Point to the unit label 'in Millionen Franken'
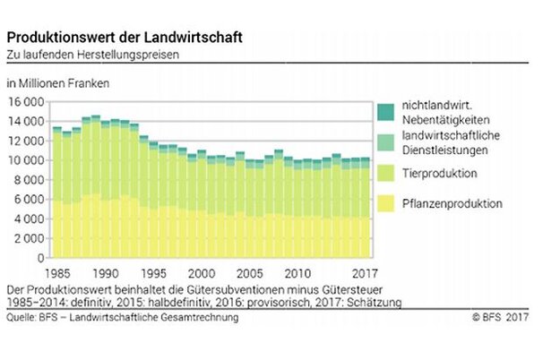(59, 84)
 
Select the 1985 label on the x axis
(60, 272)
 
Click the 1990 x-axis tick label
(107, 272)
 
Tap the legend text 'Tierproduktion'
(439, 173)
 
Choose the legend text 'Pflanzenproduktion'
(451, 204)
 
